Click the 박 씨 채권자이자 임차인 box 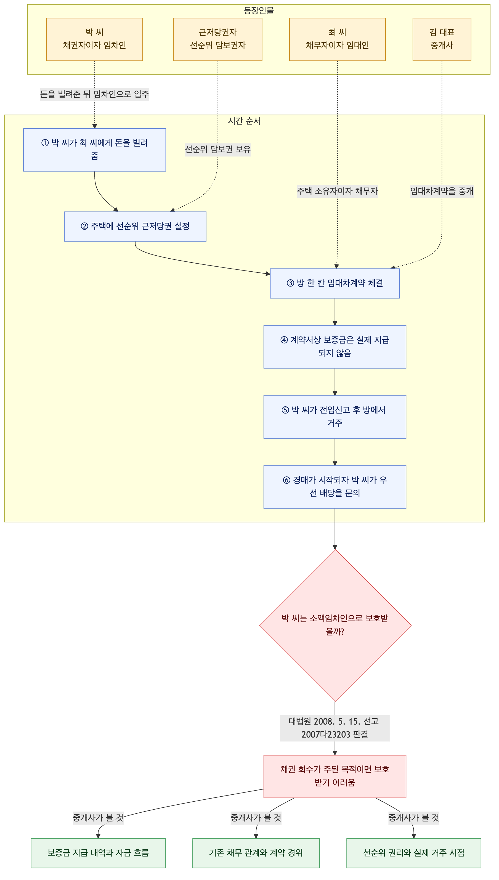[x=95, y=39]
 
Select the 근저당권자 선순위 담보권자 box [x=218, y=39]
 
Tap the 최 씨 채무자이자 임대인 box [x=337, y=39]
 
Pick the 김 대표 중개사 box [x=442, y=39]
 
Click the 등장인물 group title [x=259, y=10]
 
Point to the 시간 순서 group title [x=244, y=121]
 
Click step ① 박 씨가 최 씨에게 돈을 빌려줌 [x=95, y=150]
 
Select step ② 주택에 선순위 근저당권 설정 [x=135, y=227]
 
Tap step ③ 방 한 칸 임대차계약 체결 [x=335, y=283]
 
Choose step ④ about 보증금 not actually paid [x=335, y=347]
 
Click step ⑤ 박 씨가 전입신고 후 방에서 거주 [x=335, y=417]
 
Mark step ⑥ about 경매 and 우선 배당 [x=335, y=487]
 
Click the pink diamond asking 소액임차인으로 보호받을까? [x=335, y=625]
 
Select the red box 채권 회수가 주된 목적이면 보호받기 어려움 [x=335, y=776]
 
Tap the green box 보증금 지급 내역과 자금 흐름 [x=98, y=853]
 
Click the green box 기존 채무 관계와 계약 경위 [x=256, y=853]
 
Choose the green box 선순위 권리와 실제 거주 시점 [x=414, y=853]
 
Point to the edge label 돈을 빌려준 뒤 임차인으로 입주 [x=95, y=94]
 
